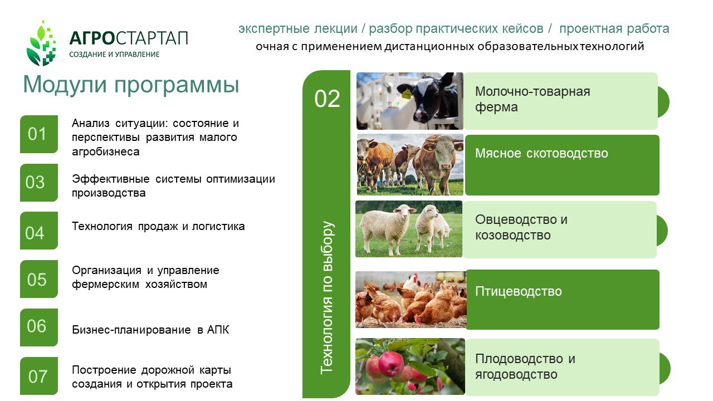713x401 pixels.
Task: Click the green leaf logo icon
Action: point(41,43)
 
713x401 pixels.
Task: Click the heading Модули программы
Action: point(131,85)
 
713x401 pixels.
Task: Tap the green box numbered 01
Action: point(39,134)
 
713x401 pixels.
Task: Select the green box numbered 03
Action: point(39,183)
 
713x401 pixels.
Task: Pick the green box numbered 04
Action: point(39,231)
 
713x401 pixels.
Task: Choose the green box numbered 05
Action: point(39,279)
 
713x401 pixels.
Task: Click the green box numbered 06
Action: point(39,327)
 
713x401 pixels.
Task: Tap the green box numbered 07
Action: point(39,376)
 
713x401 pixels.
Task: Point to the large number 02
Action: point(327,99)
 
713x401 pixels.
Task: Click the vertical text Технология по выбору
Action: point(327,297)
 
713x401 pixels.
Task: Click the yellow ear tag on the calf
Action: point(407,94)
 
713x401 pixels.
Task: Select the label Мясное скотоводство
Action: point(541,153)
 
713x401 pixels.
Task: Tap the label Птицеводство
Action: point(519,291)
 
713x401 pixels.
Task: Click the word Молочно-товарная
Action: point(533,91)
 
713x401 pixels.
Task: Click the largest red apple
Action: point(391,364)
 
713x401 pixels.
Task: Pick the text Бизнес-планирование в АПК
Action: point(150,330)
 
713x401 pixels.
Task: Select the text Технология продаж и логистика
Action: point(158,226)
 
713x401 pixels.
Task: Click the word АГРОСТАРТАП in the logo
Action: point(129,38)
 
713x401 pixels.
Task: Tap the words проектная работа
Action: point(614,28)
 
